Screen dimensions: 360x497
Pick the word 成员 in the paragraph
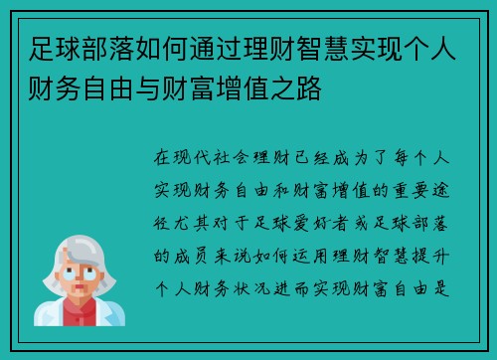click(189, 253)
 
